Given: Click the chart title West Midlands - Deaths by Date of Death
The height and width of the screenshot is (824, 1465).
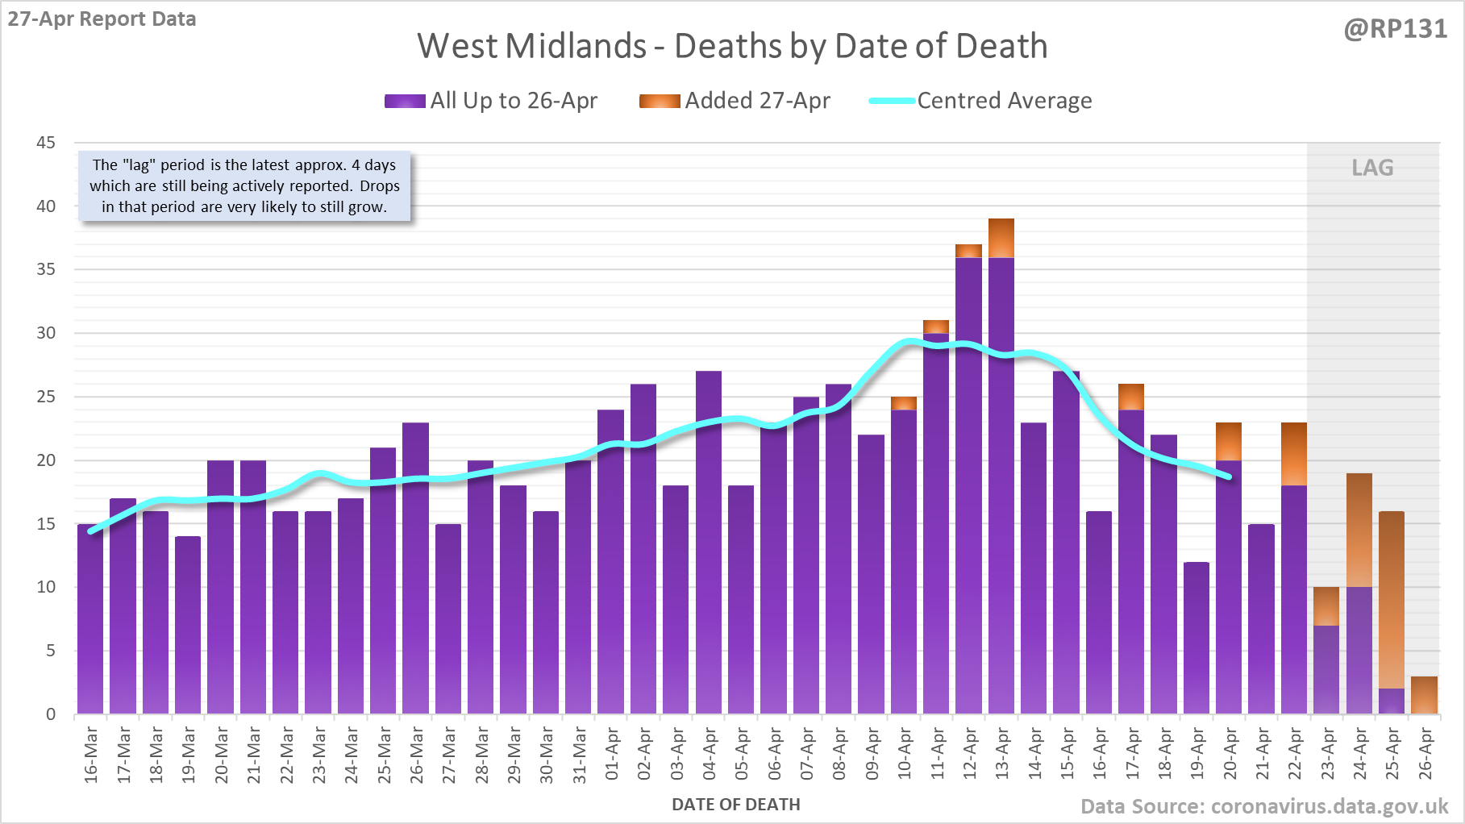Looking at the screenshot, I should click(732, 46).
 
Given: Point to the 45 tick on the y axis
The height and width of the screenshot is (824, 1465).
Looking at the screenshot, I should click(46, 143).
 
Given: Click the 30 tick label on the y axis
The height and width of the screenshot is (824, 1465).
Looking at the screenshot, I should click(46, 333).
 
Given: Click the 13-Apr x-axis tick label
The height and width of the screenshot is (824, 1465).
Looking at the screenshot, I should click(1002, 754).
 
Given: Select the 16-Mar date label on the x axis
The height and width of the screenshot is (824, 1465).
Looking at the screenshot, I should click(91, 754).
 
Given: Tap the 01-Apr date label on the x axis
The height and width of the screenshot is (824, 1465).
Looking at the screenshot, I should click(611, 754).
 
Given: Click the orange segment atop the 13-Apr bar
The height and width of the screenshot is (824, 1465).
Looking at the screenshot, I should click(1001, 238).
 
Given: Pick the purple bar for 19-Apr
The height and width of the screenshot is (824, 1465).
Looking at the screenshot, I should click(1197, 638).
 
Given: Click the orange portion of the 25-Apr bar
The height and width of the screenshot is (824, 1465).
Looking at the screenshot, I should click(1392, 600).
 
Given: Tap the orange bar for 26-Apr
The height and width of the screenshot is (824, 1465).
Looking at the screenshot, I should click(1424, 695).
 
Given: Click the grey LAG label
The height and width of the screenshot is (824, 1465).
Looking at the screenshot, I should click(1372, 168).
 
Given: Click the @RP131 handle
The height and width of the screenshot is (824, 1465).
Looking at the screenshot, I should click(1395, 29).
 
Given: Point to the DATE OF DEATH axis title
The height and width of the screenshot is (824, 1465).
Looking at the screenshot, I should click(736, 805).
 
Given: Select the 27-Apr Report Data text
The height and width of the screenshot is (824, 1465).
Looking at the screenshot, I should click(102, 19).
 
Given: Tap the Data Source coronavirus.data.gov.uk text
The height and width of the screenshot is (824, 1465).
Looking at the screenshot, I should click(1264, 807).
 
